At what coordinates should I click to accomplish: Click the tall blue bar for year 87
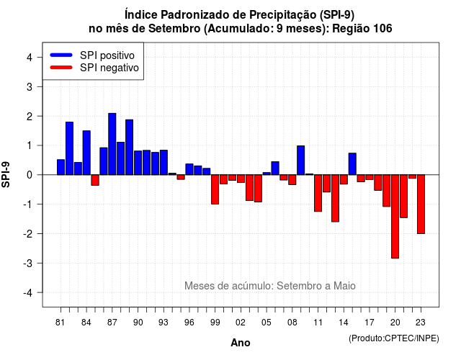click(x=112, y=144)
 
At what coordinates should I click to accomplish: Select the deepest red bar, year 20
click(x=395, y=217)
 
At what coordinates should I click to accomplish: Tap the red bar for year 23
click(x=421, y=204)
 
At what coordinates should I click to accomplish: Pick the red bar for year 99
click(x=215, y=189)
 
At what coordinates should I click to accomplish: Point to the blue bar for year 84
click(x=86, y=153)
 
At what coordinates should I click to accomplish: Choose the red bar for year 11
click(x=318, y=193)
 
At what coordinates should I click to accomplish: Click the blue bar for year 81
click(x=61, y=167)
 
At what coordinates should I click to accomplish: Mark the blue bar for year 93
click(x=164, y=163)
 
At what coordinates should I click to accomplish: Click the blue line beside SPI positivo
click(x=61, y=55)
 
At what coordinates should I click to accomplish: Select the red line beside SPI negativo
click(x=61, y=68)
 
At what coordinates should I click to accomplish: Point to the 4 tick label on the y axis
click(x=30, y=58)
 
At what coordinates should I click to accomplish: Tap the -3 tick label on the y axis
click(x=27, y=263)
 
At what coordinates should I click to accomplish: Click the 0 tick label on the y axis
click(x=30, y=175)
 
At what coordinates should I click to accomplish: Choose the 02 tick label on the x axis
click(x=241, y=323)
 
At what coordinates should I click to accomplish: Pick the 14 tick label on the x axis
click(x=344, y=323)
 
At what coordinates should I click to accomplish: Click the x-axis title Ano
click(x=241, y=343)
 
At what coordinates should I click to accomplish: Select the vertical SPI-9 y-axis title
click(x=6, y=174)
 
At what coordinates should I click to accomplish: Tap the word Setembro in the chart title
click(x=174, y=29)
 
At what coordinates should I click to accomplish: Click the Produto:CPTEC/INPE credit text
click(x=394, y=338)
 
